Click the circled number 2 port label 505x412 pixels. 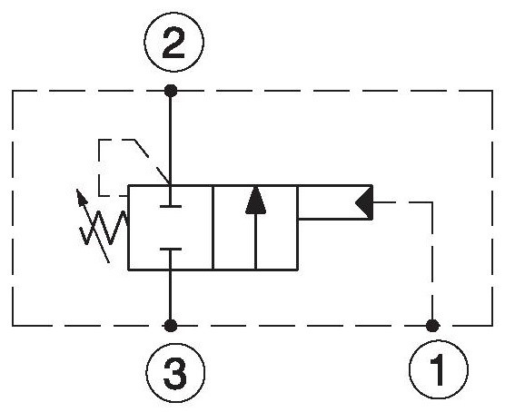click(x=173, y=42)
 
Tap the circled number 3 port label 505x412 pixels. click(x=175, y=373)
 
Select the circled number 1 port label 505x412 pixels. click(x=439, y=369)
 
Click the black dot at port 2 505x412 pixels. click(x=171, y=91)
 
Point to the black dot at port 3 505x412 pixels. click(x=171, y=326)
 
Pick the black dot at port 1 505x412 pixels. click(x=432, y=326)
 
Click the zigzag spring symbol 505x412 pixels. click(x=104, y=228)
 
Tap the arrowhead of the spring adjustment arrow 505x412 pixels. click(x=81, y=197)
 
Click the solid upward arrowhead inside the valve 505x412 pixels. click(x=256, y=200)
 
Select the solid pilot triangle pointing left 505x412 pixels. click(x=364, y=202)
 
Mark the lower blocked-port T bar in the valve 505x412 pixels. click(x=171, y=250)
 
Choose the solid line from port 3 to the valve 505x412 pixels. click(x=171, y=295)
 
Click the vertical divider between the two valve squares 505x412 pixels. click(x=213, y=228)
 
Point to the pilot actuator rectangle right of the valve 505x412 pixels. click(x=335, y=202)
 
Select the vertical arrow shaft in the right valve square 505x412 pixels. click(x=256, y=241)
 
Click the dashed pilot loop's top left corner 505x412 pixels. click(x=99, y=140)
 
